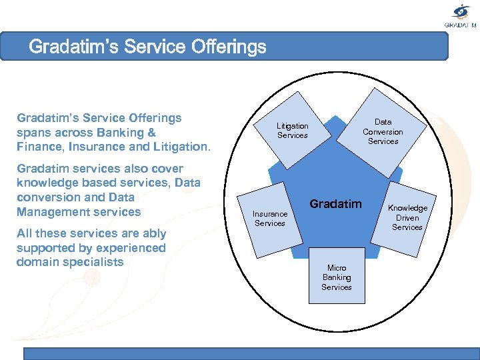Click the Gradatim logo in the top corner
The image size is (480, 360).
(461, 15)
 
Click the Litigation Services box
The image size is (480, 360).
(293, 130)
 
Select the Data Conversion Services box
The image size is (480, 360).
(383, 131)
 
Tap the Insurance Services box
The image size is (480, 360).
(270, 218)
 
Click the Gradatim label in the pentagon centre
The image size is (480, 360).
(335, 204)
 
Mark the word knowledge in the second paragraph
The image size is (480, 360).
(46, 183)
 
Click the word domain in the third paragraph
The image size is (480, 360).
(37, 262)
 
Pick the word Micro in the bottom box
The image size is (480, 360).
(336, 268)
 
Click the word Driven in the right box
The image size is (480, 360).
(407, 218)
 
